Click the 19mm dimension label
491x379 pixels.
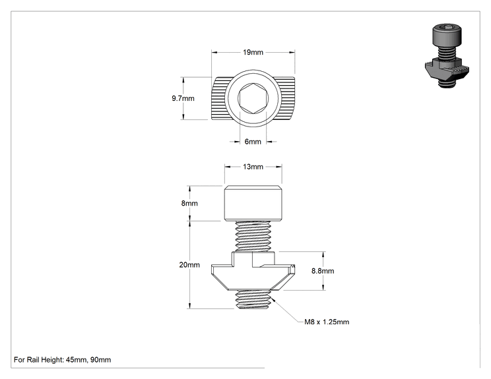coord(253,52)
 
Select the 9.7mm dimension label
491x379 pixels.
coord(183,98)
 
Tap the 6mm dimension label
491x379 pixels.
coord(253,142)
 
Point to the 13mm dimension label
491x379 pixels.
coord(253,167)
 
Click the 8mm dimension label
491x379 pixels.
coord(189,203)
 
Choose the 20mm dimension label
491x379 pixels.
coord(189,265)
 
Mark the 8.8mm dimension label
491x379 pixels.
coord(323,271)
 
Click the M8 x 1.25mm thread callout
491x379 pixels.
coord(327,322)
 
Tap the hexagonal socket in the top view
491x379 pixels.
coord(253,98)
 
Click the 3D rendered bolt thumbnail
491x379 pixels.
coord(447,55)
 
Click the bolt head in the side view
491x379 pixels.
coord(253,203)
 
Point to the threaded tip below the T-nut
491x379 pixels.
coord(253,299)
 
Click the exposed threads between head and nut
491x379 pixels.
coord(253,236)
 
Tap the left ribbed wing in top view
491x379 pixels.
coord(218,98)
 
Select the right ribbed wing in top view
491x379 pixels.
coord(286,98)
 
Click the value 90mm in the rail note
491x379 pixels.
coord(101,360)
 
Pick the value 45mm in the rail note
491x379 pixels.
coord(76,360)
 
